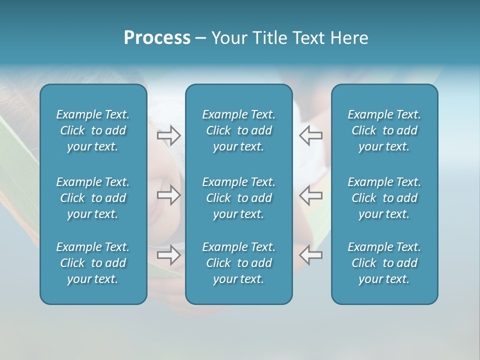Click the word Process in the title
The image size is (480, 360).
(157, 38)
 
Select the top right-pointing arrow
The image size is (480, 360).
(168, 135)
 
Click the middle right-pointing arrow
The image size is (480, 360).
(168, 195)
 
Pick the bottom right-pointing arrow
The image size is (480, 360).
(168, 255)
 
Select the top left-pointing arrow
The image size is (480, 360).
(310, 135)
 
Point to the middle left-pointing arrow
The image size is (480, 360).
(310, 195)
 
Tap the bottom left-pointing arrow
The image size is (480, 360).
(310, 255)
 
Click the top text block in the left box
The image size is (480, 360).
(93, 130)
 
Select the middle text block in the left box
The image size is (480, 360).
(93, 198)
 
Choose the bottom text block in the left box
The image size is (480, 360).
(93, 263)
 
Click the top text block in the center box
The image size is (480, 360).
(239, 130)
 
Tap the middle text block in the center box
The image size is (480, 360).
(239, 198)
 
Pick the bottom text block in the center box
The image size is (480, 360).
(239, 263)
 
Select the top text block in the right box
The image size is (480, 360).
(384, 130)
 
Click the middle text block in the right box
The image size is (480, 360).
(384, 198)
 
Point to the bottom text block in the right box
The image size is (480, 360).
(384, 263)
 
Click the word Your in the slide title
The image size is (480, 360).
(228, 38)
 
